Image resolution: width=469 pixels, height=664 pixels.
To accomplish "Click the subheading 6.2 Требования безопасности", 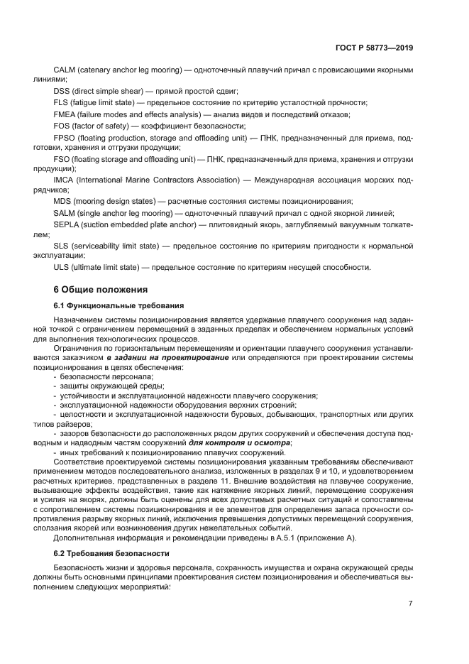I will [x=111, y=553].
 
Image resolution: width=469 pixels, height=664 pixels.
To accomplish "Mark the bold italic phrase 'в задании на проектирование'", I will [x=167, y=358].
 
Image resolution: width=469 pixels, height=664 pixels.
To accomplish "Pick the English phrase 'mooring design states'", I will [x=116, y=202].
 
